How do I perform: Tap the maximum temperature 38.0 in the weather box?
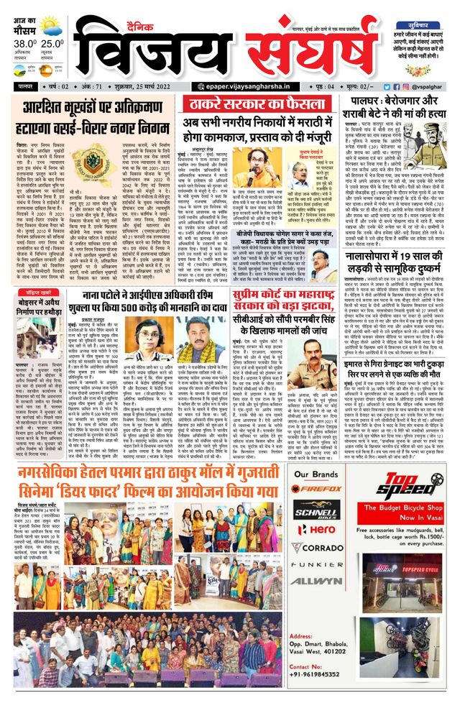[19, 42]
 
